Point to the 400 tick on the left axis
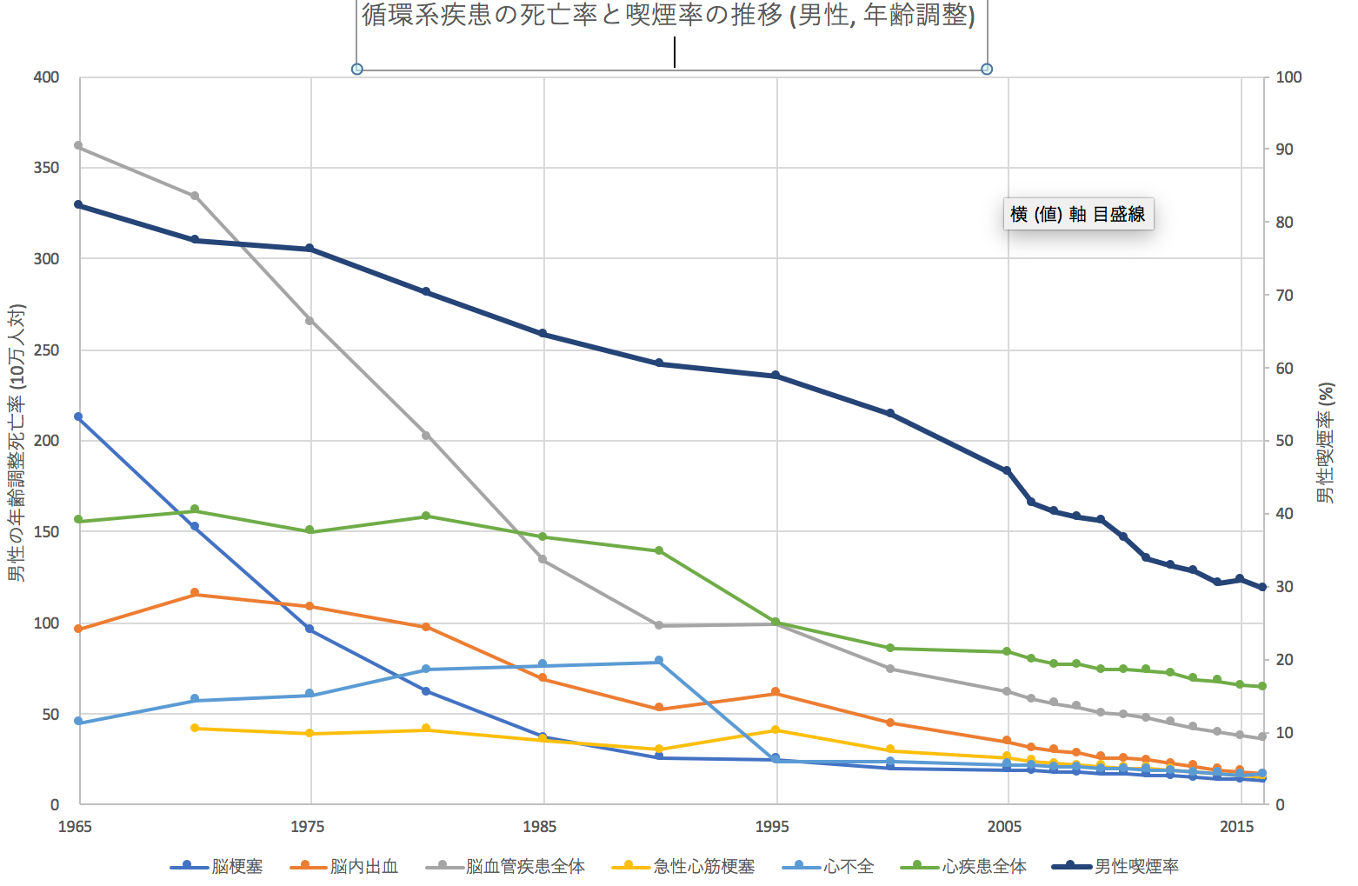[46, 77]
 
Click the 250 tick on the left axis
[46, 350]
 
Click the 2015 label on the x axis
[1236, 826]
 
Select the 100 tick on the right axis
[1288, 77]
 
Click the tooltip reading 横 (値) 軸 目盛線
[1078, 214]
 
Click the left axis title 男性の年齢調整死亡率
[17, 443]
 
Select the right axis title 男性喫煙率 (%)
[1326, 443]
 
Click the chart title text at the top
[668, 16]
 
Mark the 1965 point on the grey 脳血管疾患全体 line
[78, 145]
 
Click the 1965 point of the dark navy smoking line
[78, 204]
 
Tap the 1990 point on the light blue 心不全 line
[659, 661]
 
